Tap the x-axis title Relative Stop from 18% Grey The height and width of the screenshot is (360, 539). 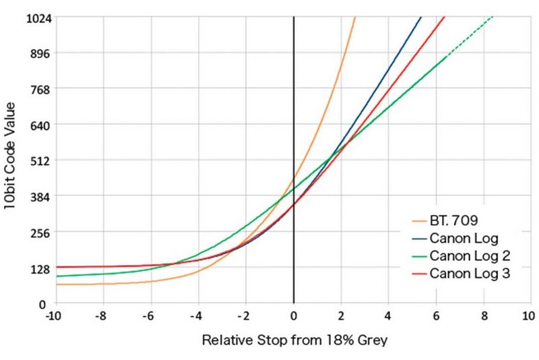pyautogui.click(x=294, y=340)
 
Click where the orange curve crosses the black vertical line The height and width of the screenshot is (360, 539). pyautogui.click(x=294, y=179)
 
